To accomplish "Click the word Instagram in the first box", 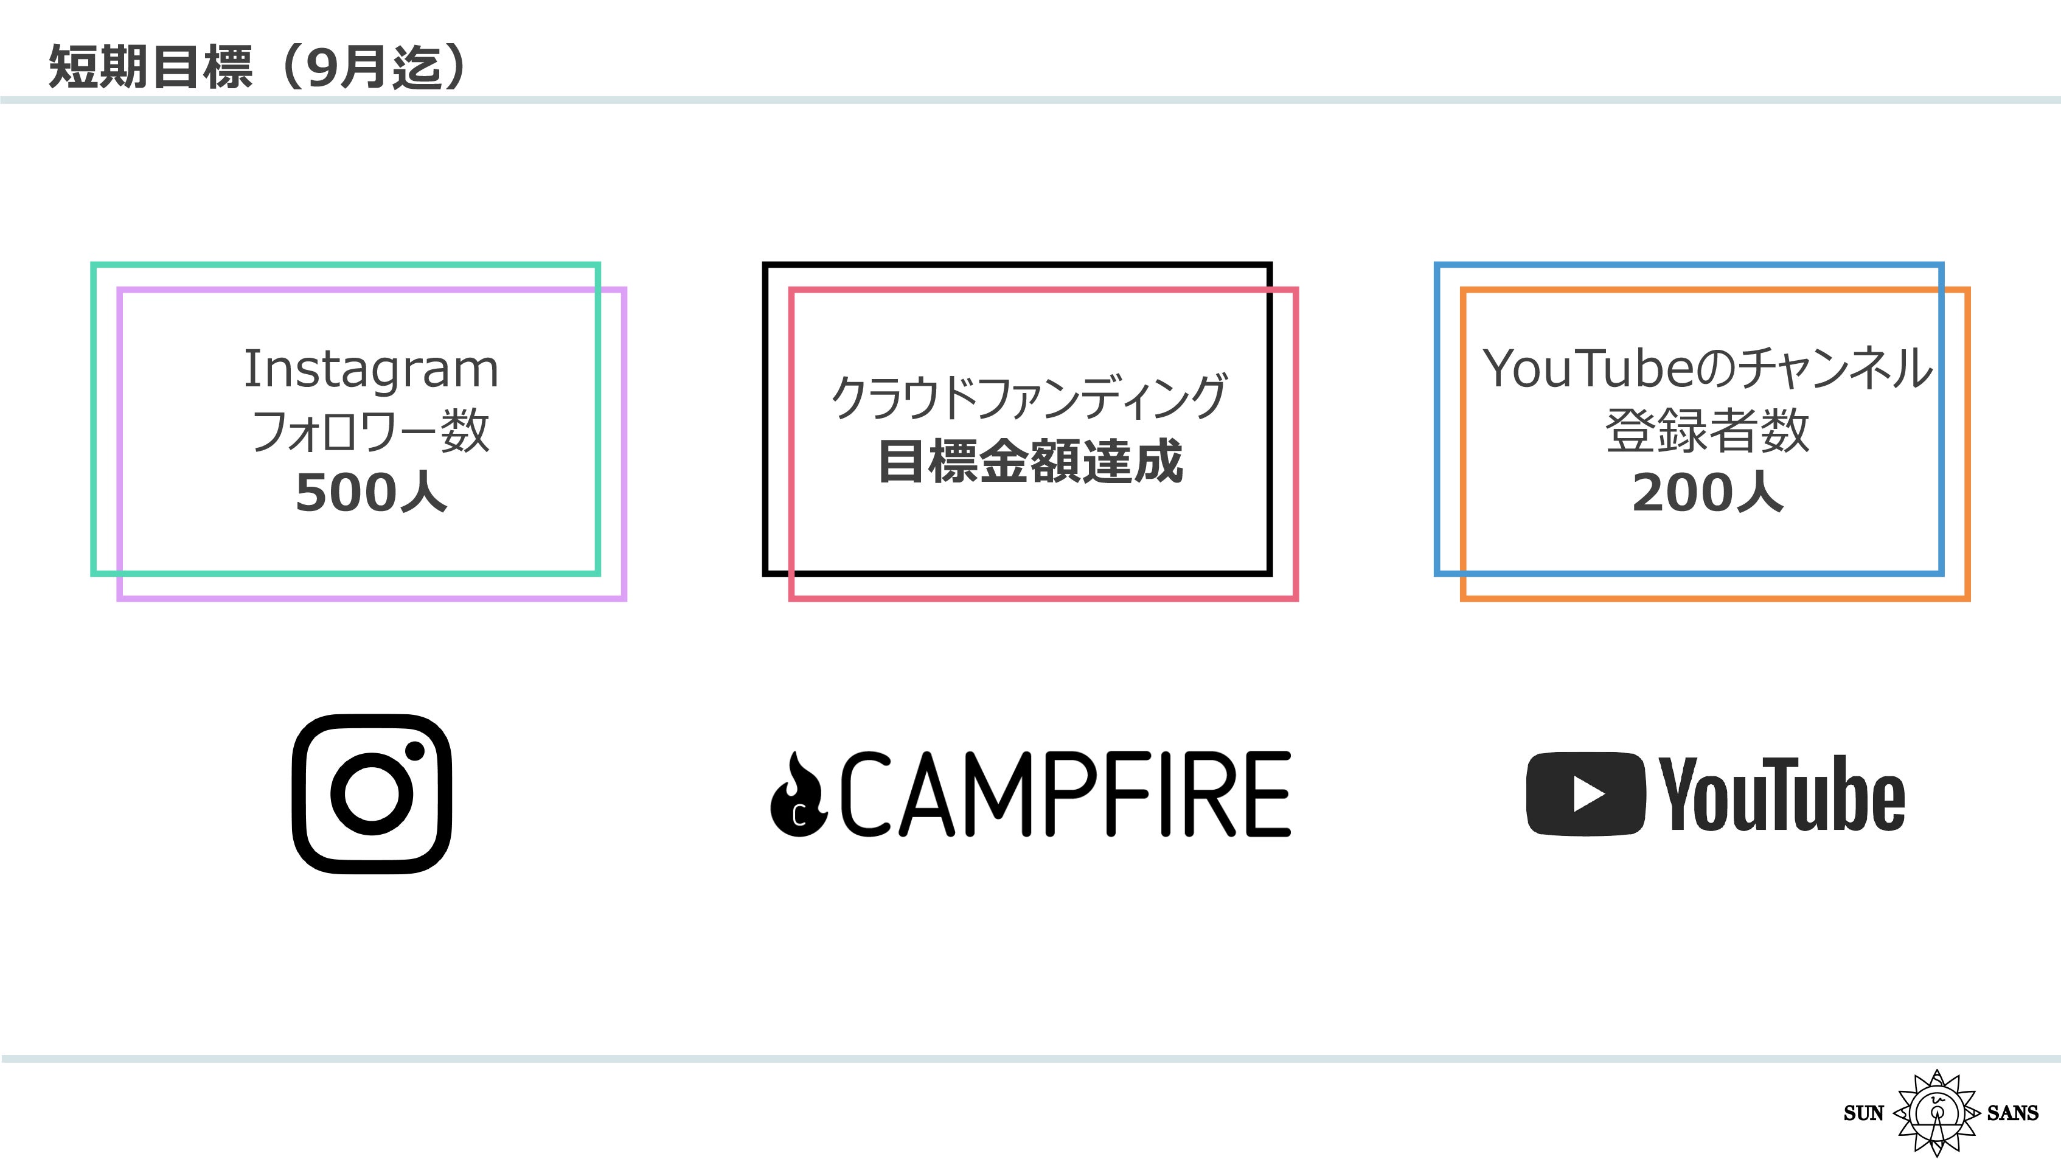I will click(370, 370).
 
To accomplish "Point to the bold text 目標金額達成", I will click(1030, 462).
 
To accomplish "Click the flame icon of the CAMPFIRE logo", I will click(798, 796).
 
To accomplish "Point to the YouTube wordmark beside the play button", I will click(1782, 794).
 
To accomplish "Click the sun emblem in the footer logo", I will click(1936, 1113).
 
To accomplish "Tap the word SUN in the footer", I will click(1863, 1113).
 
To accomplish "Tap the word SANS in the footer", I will click(2012, 1113).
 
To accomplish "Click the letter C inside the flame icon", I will click(799, 816).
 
